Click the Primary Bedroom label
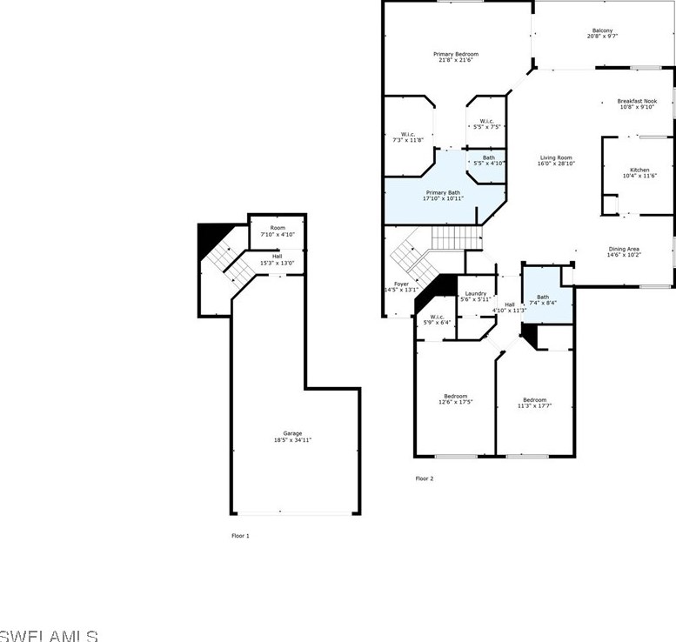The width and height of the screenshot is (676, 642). click(x=456, y=54)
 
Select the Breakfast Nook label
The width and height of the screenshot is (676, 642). click(x=637, y=101)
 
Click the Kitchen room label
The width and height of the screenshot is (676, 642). click(x=639, y=170)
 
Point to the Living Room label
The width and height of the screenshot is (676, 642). click(x=556, y=157)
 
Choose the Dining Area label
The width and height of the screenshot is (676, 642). click(x=624, y=249)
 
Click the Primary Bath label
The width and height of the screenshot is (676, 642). click(x=443, y=192)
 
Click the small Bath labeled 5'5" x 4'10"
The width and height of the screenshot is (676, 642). click(x=489, y=157)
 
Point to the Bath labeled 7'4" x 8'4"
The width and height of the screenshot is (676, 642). click(x=543, y=297)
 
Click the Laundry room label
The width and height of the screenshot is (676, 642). click(x=475, y=293)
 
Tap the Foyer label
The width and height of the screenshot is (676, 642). click(x=401, y=284)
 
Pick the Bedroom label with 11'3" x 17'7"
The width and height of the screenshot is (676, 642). click(x=534, y=400)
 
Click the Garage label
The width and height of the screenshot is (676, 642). click(x=292, y=433)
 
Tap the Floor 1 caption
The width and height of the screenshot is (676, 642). click(x=240, y=536)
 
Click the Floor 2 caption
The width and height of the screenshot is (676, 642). click(x=424, y=478)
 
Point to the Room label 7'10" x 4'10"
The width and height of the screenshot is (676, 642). click(x=277, y=228)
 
